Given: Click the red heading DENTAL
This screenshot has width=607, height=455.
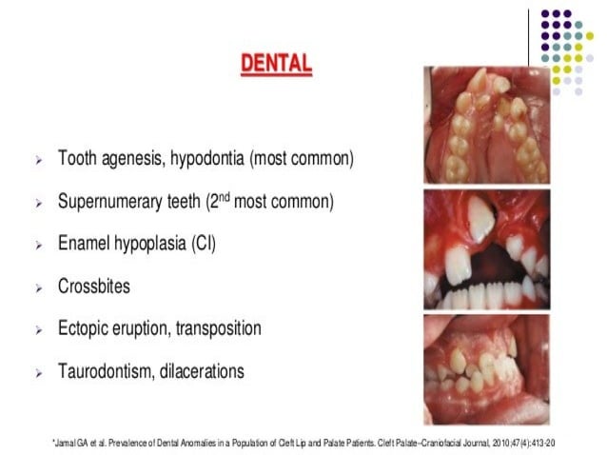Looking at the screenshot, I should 276,65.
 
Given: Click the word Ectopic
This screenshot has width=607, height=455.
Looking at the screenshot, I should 87,328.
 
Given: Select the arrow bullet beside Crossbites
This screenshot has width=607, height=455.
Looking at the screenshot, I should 38,287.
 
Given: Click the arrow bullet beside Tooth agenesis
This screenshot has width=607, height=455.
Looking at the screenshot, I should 38,160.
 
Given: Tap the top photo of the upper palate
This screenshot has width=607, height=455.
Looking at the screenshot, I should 486,125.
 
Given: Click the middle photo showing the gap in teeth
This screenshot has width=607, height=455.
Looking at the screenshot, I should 486,250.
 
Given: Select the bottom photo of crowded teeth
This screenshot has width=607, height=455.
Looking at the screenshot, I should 486,369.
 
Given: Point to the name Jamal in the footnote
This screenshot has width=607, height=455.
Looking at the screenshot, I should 66,443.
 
